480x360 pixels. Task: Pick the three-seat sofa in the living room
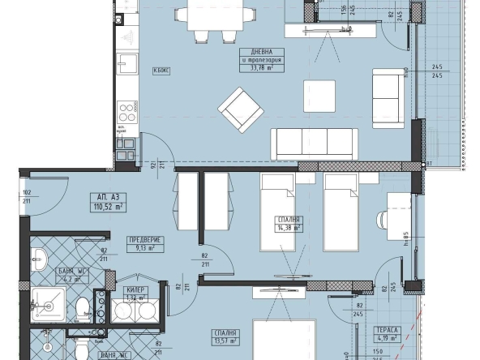click(x=314, y=144)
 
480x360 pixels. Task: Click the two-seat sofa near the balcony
click(x=385, y=97)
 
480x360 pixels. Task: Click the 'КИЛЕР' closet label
click(x=136, y=289)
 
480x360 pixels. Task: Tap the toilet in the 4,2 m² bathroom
click(x=81, y=309)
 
